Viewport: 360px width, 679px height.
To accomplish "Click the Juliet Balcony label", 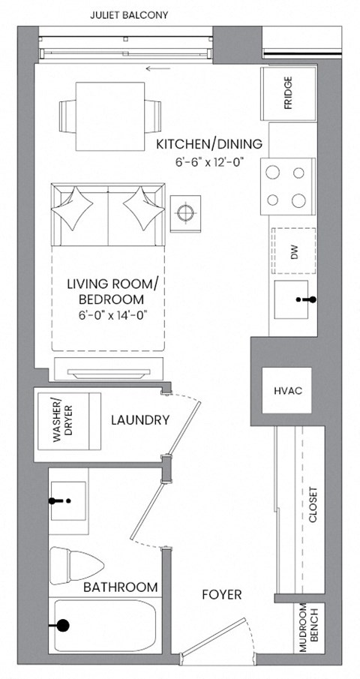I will [129, 15].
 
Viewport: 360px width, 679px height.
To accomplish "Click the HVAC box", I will [288, 392].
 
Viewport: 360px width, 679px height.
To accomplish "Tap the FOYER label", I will [222, 595].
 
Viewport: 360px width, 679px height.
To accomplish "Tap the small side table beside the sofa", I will [185, 213].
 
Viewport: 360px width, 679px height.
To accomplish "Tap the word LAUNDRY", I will [139, 420].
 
